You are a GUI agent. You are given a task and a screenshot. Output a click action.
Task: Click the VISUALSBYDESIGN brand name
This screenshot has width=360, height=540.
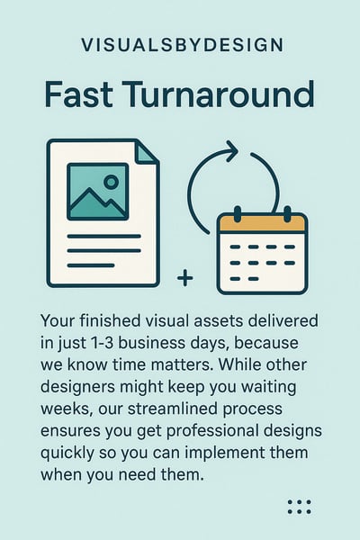pyautogui.click(x=182, y=45)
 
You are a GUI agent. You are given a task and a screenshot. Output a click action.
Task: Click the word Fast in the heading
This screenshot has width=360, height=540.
pyautogui.click(x=78, y=94)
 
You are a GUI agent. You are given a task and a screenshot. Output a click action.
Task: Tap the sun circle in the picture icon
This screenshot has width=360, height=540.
pyautogui.click(x=111, y=182)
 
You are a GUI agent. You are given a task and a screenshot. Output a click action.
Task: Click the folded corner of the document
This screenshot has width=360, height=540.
pyautogui.click(x=148, y=152)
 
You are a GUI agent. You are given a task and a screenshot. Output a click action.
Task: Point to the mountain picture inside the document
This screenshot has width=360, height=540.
pyautogui.click(x=98, y=192)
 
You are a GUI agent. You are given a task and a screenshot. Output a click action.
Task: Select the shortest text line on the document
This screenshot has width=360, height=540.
pyautogui.click(x=91, y=265)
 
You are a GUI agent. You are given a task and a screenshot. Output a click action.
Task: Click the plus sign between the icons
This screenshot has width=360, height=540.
pyautogui.click(x=185, y=278)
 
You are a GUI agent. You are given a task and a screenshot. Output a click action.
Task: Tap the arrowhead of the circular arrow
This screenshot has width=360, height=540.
pyautogui.click(x=231, y=151)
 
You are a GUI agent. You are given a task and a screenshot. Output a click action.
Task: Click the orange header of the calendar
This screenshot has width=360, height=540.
pyautogui.click(x=262, y=223)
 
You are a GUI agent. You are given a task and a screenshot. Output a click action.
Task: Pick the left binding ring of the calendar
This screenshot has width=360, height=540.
pyautogui.click(x=238, y=214)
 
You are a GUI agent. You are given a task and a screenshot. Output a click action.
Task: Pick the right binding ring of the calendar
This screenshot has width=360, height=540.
pyautogui.click(x=287, y=214)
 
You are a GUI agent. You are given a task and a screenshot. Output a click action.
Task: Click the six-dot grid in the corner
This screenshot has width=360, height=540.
pyautogui.click(x=300, y=507)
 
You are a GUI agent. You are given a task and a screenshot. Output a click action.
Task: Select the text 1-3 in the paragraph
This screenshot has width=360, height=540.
pyautogui.click(x=103, y=343)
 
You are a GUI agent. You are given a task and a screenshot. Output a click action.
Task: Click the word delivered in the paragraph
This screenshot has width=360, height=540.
pyautogui.click(x=283, y=321)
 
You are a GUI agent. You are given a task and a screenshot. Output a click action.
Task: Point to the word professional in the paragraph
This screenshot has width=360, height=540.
pyautogui.click(x=212, y=431)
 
